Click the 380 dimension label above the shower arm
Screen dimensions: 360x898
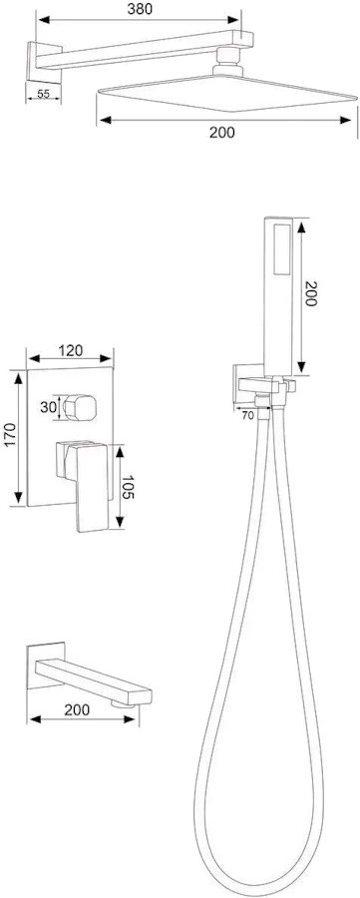[x=140, y=10]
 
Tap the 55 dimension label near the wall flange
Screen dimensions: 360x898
[x=43, y=95]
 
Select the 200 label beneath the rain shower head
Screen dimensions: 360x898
[x=222, y=133]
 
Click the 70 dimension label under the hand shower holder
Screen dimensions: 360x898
[x=248, y=416]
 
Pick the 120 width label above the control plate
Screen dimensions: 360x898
[x=71, y=350]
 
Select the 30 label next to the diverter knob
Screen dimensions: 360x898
[x=47, y=407]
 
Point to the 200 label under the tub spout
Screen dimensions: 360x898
[x=77, y=710]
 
